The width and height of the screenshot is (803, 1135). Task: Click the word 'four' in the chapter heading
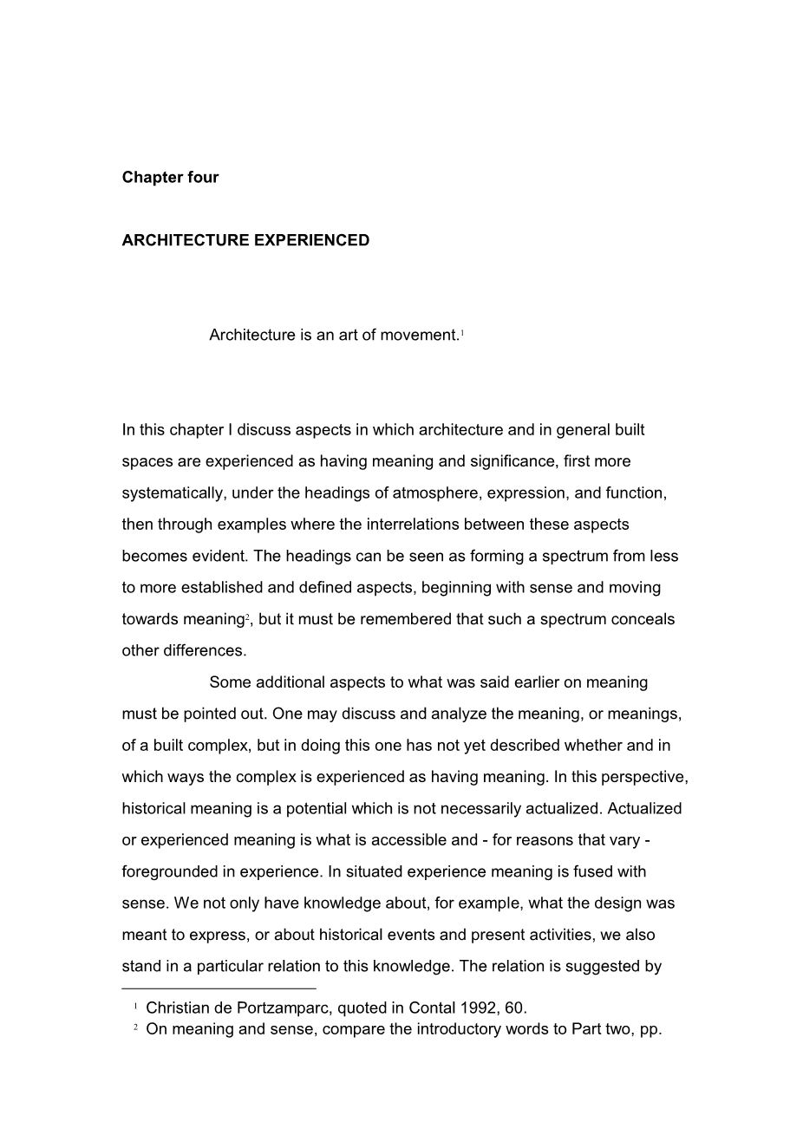[x=202, y=178]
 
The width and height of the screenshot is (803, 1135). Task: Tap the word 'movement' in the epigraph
[x=412, y=336]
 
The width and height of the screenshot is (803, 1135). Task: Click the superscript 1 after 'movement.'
[x=462, y=333]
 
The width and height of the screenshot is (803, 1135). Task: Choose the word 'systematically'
[x=173, y=493]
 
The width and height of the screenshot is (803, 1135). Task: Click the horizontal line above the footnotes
[x=219, y=988]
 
